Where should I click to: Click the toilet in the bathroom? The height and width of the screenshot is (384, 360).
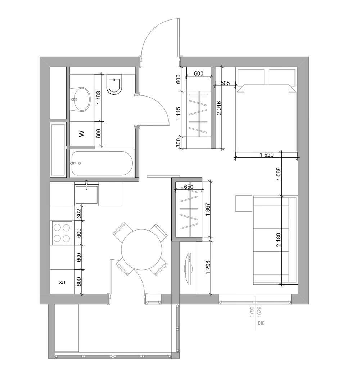[114, 84]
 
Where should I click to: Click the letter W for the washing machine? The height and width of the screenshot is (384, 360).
[82, 134]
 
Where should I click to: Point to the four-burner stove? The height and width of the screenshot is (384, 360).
[62, 233]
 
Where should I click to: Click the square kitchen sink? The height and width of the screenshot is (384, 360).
[87, 195]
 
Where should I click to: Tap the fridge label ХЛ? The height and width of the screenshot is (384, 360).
[62, 282]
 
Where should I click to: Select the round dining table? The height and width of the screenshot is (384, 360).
[142, 250]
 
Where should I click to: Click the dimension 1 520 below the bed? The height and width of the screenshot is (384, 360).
[266, 155]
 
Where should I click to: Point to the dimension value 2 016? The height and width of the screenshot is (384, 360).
[219, 108]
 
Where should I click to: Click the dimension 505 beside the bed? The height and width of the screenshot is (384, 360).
[225, 83]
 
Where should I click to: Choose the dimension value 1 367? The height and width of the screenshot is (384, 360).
[208, 209]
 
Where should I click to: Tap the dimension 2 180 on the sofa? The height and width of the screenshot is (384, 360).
[278, 240]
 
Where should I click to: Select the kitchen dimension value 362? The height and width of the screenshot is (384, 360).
[79, 213]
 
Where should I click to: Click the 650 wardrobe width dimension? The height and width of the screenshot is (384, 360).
[189, 187]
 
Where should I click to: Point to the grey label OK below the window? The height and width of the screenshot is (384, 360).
[261, 323]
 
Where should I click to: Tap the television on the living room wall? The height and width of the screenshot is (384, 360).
[189, 269]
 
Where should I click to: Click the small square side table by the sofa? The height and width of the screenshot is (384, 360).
[244, 203]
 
